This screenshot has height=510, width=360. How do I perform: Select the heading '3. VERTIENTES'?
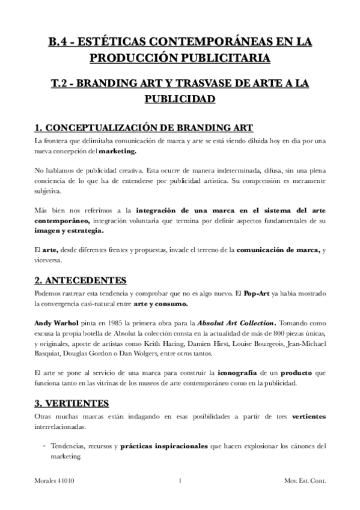click(x=73, y=402)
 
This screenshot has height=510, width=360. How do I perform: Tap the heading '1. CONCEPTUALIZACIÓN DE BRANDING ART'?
click(x=144, y=127)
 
